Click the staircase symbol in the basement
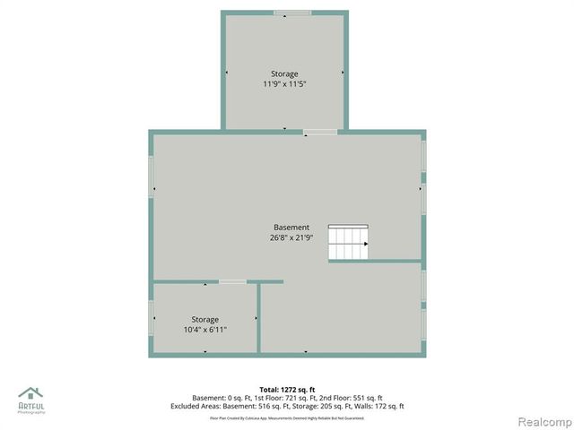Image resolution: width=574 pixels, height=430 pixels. click(349, 242)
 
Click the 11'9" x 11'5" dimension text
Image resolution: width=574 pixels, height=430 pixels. click(284, 84)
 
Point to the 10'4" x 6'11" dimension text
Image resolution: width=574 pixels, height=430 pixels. click(204, 330)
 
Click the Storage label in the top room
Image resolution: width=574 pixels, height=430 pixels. click(284, 73)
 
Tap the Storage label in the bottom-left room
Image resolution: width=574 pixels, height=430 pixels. click(204, 319)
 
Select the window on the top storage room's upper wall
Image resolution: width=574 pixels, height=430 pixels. click(292, 13)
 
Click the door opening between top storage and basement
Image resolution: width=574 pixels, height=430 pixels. click(320, 132)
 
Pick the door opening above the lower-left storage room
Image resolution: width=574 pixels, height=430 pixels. click(232, 281)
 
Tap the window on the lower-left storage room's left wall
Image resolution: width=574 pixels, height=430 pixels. click(151, 318)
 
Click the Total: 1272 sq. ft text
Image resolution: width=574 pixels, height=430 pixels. click(287, 390)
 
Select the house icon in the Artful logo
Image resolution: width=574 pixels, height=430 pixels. click(30, 392)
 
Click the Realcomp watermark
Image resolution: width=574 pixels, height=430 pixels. click(543, 421)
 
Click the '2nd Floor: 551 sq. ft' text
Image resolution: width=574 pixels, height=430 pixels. click(352, 398)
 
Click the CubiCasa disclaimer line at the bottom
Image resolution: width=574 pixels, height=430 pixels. click(287, 417)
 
